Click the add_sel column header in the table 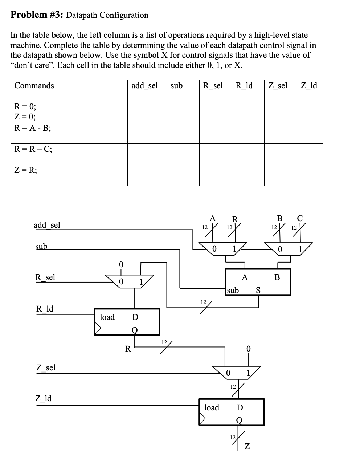(144, 86)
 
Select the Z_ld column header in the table (309, 86)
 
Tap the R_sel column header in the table (213, 86)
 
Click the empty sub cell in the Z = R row (183, 175)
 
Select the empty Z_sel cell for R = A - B (281, 133)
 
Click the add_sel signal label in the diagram (47, 225)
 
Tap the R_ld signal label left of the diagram (45, 309)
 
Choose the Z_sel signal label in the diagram (45, 367)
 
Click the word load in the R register (107, 317)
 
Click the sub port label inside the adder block (233, 290)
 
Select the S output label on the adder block (258, 290)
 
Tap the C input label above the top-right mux (299, 219)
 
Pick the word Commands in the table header (34, 86)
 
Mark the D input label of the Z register (240, 407)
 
